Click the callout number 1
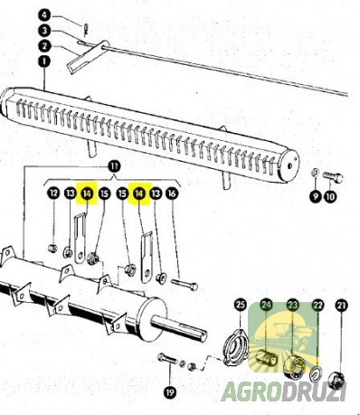(43, 61)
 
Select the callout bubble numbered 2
(43, 45)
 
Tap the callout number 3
(43, 31)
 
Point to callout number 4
(43, 15)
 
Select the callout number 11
(114, 166)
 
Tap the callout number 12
(53, 193)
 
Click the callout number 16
(172, 193)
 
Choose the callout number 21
(341, 307)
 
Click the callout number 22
(317, 307)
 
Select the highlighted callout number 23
(292, 307)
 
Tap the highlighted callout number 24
(267, 307)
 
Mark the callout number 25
(241, 307)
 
